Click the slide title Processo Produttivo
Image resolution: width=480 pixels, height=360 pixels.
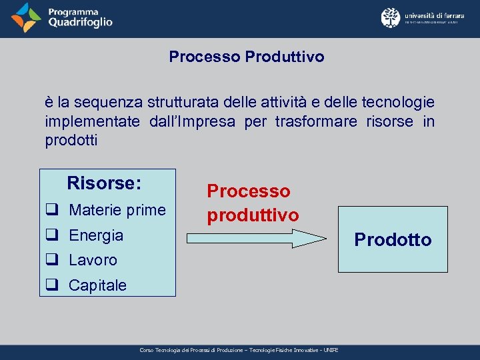click(246, 57)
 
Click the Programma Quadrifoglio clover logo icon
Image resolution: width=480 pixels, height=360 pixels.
click(26, 18)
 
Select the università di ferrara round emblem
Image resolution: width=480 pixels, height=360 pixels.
click(391, 18)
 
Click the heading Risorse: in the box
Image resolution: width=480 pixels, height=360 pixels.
click(104, 183)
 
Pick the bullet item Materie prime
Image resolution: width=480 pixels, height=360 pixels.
click(117, 210)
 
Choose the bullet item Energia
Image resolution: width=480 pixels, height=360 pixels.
click(96, 235)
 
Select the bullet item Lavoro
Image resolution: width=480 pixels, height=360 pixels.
click(93, 260)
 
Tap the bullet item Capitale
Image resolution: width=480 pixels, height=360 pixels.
click(97, 285)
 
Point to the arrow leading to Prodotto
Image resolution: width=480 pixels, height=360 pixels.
click(257, 239)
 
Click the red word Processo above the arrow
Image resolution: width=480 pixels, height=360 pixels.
click(249, 191)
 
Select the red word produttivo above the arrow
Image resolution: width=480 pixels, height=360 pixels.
click(253, 215)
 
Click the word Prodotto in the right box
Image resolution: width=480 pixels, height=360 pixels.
click(393, 239)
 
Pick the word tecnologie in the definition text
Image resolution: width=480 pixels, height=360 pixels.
click(397, 103)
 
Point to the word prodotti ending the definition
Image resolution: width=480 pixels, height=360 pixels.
click(71, 140)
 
